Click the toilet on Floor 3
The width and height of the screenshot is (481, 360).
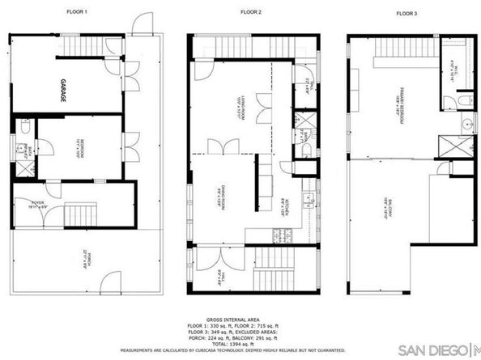tap(463, 100)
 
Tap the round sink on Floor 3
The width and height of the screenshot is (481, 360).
tap(467, 126)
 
